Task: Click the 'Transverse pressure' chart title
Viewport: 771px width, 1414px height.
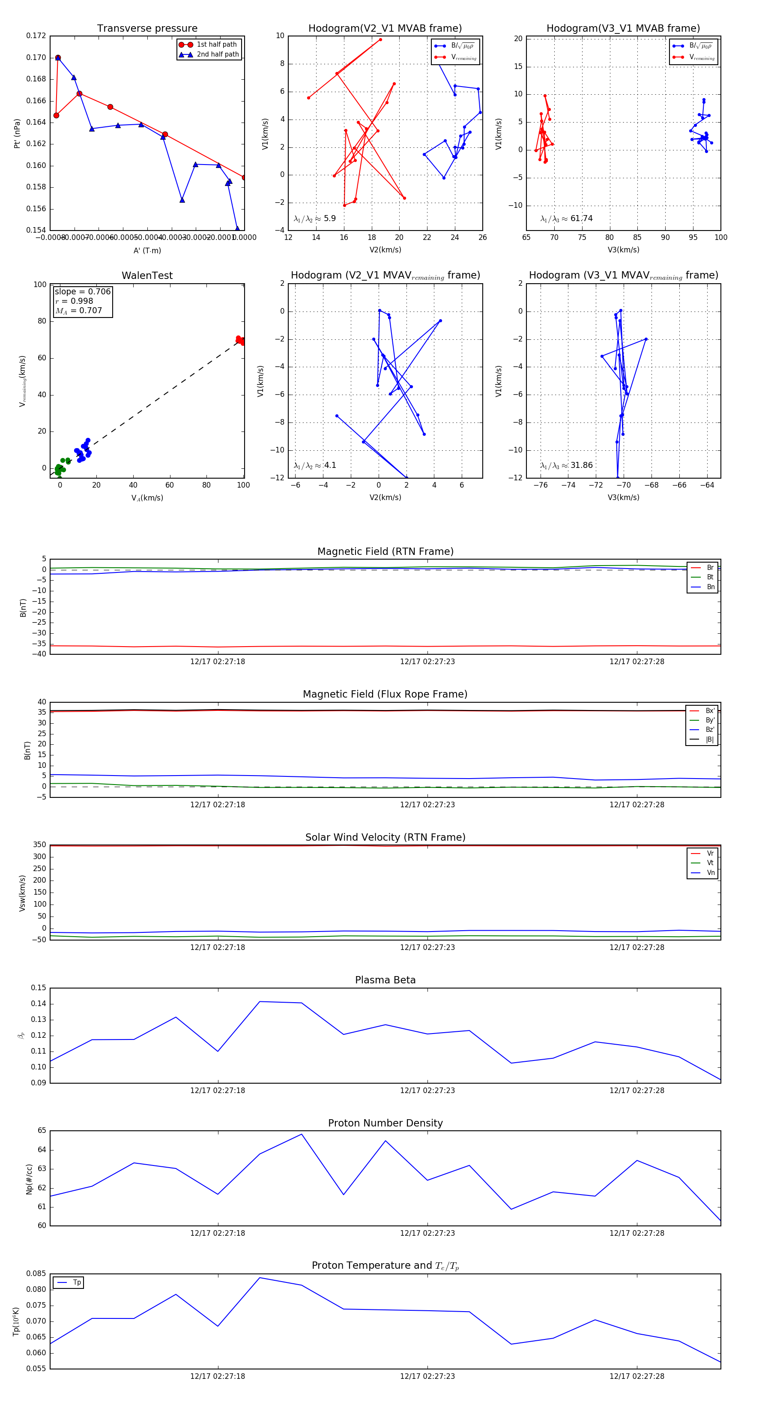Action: click(147, 29)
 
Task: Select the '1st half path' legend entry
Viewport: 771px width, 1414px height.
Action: click(216, 45)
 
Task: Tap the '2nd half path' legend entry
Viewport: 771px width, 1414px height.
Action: click(217, 54)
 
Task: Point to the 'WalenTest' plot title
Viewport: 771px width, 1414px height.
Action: click(147, 276)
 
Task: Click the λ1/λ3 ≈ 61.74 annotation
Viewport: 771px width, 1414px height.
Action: click(566, 219)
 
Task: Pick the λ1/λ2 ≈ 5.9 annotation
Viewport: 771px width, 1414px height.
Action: click(314, 219)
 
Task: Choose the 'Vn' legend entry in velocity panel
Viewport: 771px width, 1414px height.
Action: click(710, 873)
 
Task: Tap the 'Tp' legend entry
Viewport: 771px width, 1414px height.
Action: click(76, 1283)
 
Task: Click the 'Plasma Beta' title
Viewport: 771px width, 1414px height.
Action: click(385, 980)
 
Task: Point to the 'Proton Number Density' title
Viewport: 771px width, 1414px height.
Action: click(385, 1123)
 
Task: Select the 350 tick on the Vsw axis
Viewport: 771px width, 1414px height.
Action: click(39, 845)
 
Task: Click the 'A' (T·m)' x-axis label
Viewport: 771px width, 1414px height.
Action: click(147, 250)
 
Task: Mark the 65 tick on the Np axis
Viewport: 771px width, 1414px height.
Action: click(42, 1130)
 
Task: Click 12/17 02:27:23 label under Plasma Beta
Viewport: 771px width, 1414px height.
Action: click(427, 1090)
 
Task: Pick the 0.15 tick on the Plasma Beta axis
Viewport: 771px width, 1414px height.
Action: click(39, 988)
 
